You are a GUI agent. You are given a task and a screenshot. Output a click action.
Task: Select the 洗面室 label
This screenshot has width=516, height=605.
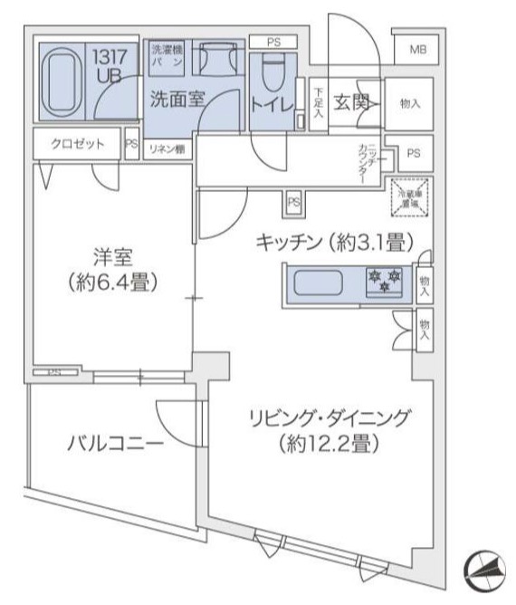tap(177, 101)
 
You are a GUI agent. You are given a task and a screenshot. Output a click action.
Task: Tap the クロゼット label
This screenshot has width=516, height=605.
tap(77, 144)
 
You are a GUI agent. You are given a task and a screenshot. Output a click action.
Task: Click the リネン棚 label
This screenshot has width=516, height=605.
tap(168, 149)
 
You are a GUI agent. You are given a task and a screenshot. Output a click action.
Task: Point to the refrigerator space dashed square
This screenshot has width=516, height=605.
tap(411, 197)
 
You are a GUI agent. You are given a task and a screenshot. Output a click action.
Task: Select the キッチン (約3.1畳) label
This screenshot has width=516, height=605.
tap(335, 242)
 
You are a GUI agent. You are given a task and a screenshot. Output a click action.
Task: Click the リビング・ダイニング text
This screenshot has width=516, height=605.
tap(331, 418)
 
